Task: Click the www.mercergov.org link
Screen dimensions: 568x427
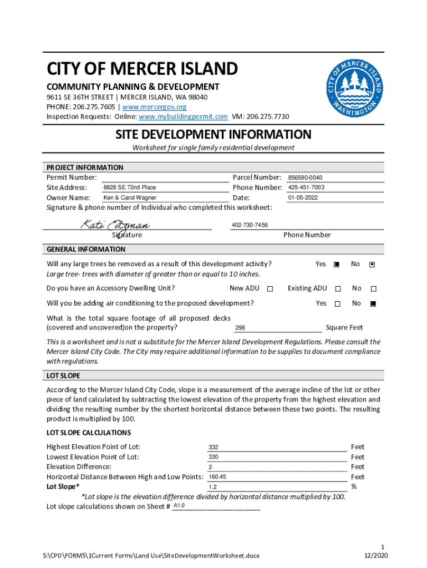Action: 154,106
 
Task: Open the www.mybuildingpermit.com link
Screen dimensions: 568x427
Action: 183,116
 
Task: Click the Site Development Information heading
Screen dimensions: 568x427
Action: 213,135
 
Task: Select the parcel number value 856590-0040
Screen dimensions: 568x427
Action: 305,177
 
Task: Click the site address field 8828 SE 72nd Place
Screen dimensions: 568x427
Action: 130,187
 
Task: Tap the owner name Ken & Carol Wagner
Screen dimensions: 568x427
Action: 130,197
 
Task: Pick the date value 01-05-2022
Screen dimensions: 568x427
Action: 303,197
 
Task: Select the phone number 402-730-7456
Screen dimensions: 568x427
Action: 250,225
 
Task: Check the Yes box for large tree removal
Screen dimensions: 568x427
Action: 337,265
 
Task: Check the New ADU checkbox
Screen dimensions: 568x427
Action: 270,289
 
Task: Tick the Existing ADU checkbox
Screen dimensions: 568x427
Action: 337,289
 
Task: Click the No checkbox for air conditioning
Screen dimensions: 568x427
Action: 373,303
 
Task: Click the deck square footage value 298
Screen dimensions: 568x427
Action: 240,328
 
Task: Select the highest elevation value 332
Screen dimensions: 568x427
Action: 213,447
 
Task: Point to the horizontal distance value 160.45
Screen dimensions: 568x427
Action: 217,477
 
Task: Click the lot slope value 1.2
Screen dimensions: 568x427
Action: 212,487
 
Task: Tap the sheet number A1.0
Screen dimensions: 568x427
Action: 179,506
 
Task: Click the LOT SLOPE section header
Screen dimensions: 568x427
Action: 63,376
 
